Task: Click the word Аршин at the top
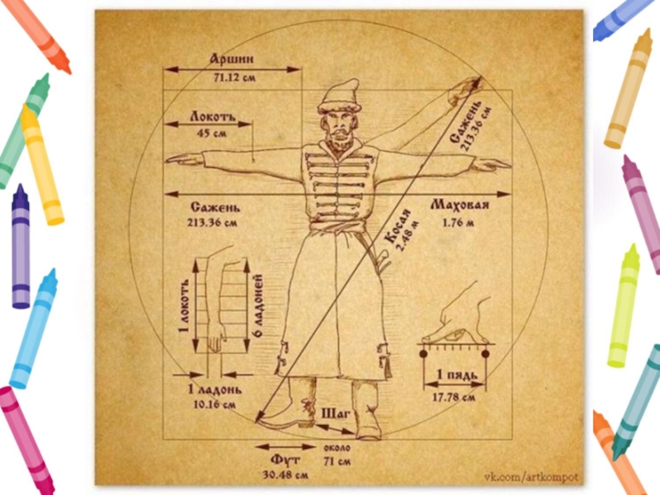pos(231,59)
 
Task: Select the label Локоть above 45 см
pos(213,116)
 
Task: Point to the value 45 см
pos(213,134)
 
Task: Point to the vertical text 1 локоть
pos(186,305)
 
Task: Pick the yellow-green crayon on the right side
pos(624,305)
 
